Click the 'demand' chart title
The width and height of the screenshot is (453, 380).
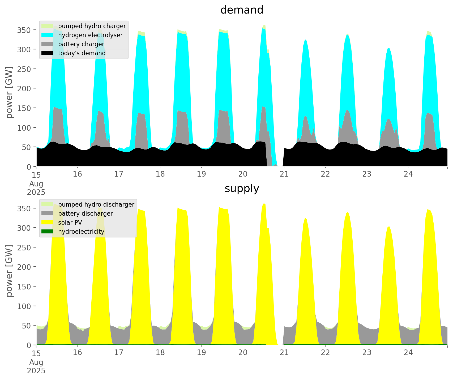click(242, 10)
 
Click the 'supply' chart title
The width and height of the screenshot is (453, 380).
click(242, 189)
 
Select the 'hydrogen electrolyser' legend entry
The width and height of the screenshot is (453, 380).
click(90, 35)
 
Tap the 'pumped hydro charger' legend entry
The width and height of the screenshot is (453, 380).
click(92, 26)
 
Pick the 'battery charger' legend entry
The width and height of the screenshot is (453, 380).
click(81, 44)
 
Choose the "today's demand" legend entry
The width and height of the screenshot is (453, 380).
click(82, 53)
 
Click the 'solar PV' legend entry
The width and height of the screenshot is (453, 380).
click(70, 223)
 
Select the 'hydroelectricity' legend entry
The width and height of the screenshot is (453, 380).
click(81, 232)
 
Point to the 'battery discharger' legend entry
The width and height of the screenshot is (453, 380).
click(85, 214)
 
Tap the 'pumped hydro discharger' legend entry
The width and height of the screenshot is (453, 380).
click(96, 204)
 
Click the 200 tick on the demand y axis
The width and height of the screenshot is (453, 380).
click(24, 88)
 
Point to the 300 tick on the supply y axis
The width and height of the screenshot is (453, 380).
click(24, 228)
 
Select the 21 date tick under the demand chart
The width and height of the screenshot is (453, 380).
click(284, 174)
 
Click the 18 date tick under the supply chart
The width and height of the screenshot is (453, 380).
click(160, 353)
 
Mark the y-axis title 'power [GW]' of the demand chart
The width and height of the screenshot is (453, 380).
click(9, 92)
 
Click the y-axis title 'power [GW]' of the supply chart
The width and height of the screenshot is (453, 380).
click(9, 271)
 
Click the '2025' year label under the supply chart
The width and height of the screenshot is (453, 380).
click(36, 371)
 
